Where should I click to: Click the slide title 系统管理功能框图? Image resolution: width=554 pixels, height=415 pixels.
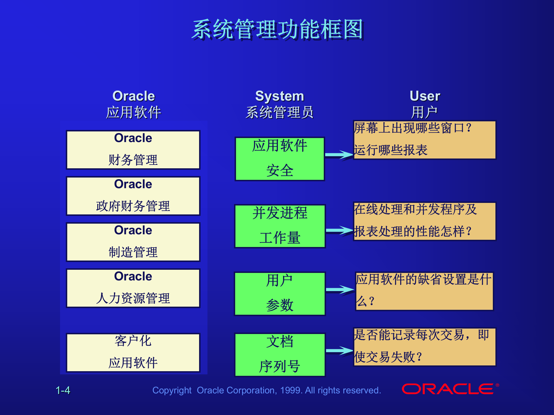point(277,29)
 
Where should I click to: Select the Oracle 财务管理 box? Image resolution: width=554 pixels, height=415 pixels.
point(133,150)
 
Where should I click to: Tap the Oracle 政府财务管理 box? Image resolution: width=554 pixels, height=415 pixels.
point(133,196)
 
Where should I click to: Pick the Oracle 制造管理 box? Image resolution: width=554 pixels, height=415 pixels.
point(133,242)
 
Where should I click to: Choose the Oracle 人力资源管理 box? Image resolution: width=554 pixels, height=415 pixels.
point(133,288)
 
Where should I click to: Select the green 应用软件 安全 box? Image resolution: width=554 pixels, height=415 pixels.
point(280,159)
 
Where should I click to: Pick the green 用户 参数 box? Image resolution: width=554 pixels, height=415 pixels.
point(280,294)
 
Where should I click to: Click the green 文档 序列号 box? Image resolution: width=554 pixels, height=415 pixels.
point(280,355)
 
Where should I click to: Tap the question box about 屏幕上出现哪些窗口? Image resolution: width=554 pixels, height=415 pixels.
point(424,140)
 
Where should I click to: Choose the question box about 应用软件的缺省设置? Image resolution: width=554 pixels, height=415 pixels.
point(424,291)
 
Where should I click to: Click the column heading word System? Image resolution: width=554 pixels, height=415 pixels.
point(280,96)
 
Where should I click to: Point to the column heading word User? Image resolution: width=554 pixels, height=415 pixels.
point(425,96)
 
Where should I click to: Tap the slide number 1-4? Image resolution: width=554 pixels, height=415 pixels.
point(63,390)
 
